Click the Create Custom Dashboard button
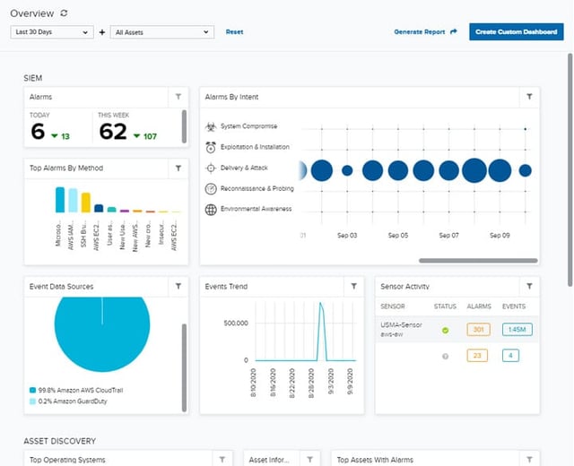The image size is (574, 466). tap(516, 31)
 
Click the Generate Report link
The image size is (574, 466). tap(425, 31)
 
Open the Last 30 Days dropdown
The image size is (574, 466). tap(51, 31)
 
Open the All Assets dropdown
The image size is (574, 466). tap(162, 31)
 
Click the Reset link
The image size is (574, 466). tap(234, 31)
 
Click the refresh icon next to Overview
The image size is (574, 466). tap(63, 13)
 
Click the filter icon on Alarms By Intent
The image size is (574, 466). tap(529, 96)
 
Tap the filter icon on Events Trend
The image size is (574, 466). tap(354, 286)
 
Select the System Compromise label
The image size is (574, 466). tap(248, 126)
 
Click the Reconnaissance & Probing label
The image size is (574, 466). tap(257, 188)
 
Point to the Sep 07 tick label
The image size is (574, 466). tap(448, 235)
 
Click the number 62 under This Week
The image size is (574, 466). tap(113, 133)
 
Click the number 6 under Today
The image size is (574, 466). tap(37, 133)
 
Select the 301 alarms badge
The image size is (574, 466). tap(478, 330)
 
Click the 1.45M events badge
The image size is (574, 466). tap(516, 330)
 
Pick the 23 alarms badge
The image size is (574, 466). tap(478, 355)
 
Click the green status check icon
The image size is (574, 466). tap(445, 331)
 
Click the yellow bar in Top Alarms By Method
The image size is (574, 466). tap(86, 202)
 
